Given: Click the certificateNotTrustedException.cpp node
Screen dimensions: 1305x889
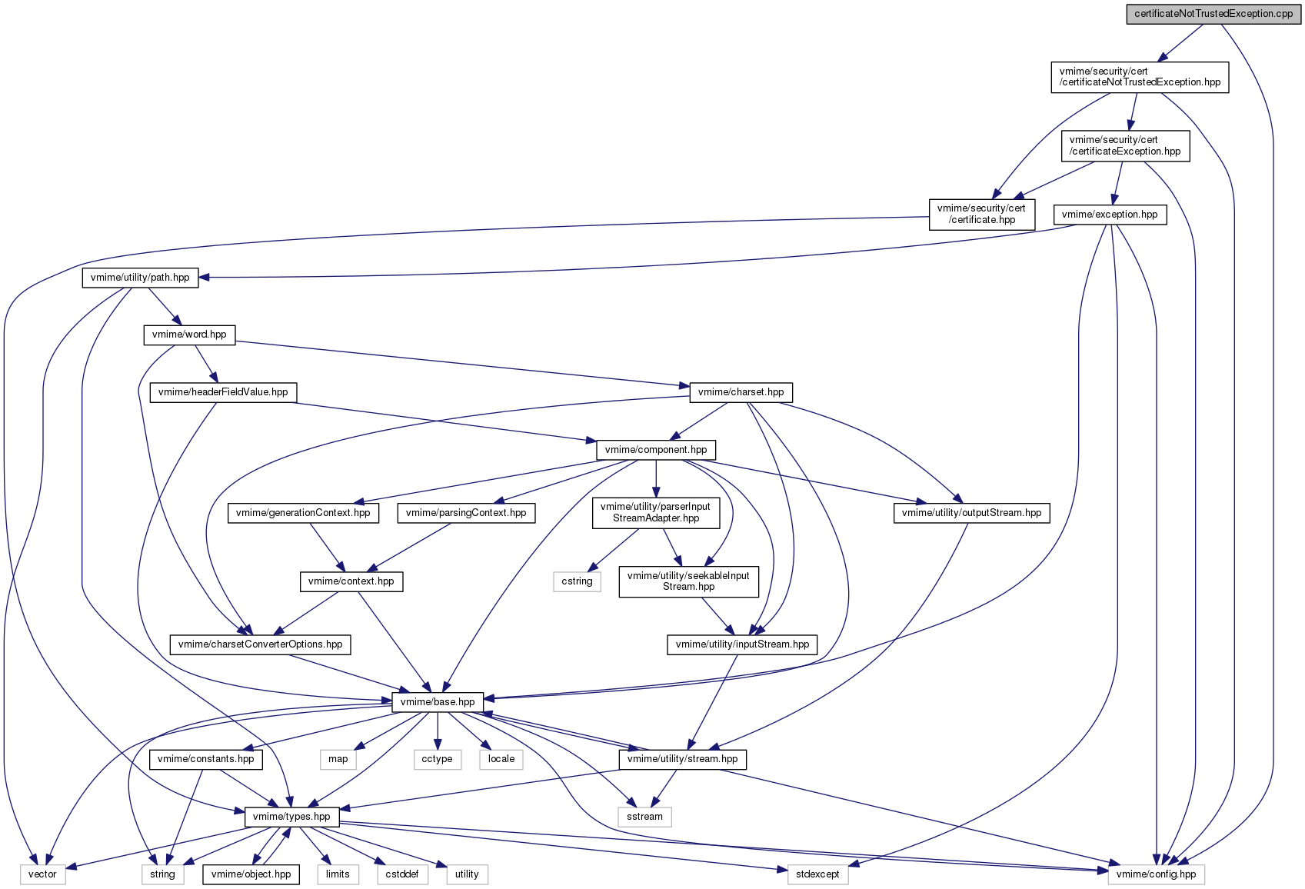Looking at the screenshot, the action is (1213, 14).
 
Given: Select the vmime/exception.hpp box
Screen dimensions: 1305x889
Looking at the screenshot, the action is (1110, 215).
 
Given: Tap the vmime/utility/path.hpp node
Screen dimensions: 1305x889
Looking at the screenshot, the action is (141, 278).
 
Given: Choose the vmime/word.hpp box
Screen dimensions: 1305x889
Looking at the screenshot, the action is (189, 335).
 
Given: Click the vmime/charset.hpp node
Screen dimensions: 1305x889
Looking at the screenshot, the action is (741, 392).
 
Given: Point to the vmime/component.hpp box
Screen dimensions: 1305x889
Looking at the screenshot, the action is (656, 450).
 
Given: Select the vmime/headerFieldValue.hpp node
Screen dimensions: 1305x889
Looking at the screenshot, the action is (223, 392).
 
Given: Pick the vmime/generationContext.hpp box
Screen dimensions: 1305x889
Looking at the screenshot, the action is (303, 513).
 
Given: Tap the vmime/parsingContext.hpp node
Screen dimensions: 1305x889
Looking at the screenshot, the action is (466, 513).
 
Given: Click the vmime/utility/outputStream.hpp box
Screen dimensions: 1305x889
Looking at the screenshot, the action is (972, 513).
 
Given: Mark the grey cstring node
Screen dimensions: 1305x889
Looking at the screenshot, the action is (577, 581).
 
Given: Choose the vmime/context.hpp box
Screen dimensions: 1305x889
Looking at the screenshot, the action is (351, 581).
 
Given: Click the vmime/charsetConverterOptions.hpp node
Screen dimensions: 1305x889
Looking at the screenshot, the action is (261, 644).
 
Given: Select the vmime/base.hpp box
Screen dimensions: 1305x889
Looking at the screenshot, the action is (438, 702).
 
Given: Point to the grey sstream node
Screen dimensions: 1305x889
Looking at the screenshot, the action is (644, 817).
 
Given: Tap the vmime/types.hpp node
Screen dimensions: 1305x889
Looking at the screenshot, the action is (292, 817).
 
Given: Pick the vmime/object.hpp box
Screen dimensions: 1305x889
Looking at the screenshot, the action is (251, 874).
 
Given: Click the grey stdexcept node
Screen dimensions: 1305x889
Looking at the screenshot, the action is (818, 874).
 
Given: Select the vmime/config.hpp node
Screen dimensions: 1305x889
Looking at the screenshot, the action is (1157, 874).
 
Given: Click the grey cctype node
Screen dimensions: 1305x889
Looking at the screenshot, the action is (438, 759).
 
